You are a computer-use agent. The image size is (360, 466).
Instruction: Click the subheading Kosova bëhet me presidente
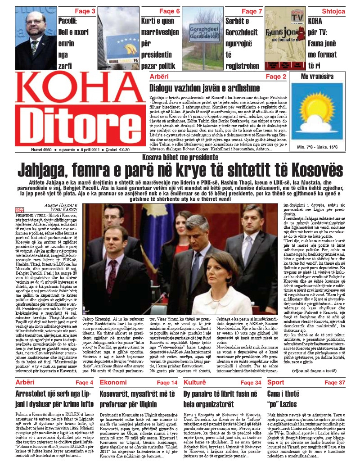click(180, 157)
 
